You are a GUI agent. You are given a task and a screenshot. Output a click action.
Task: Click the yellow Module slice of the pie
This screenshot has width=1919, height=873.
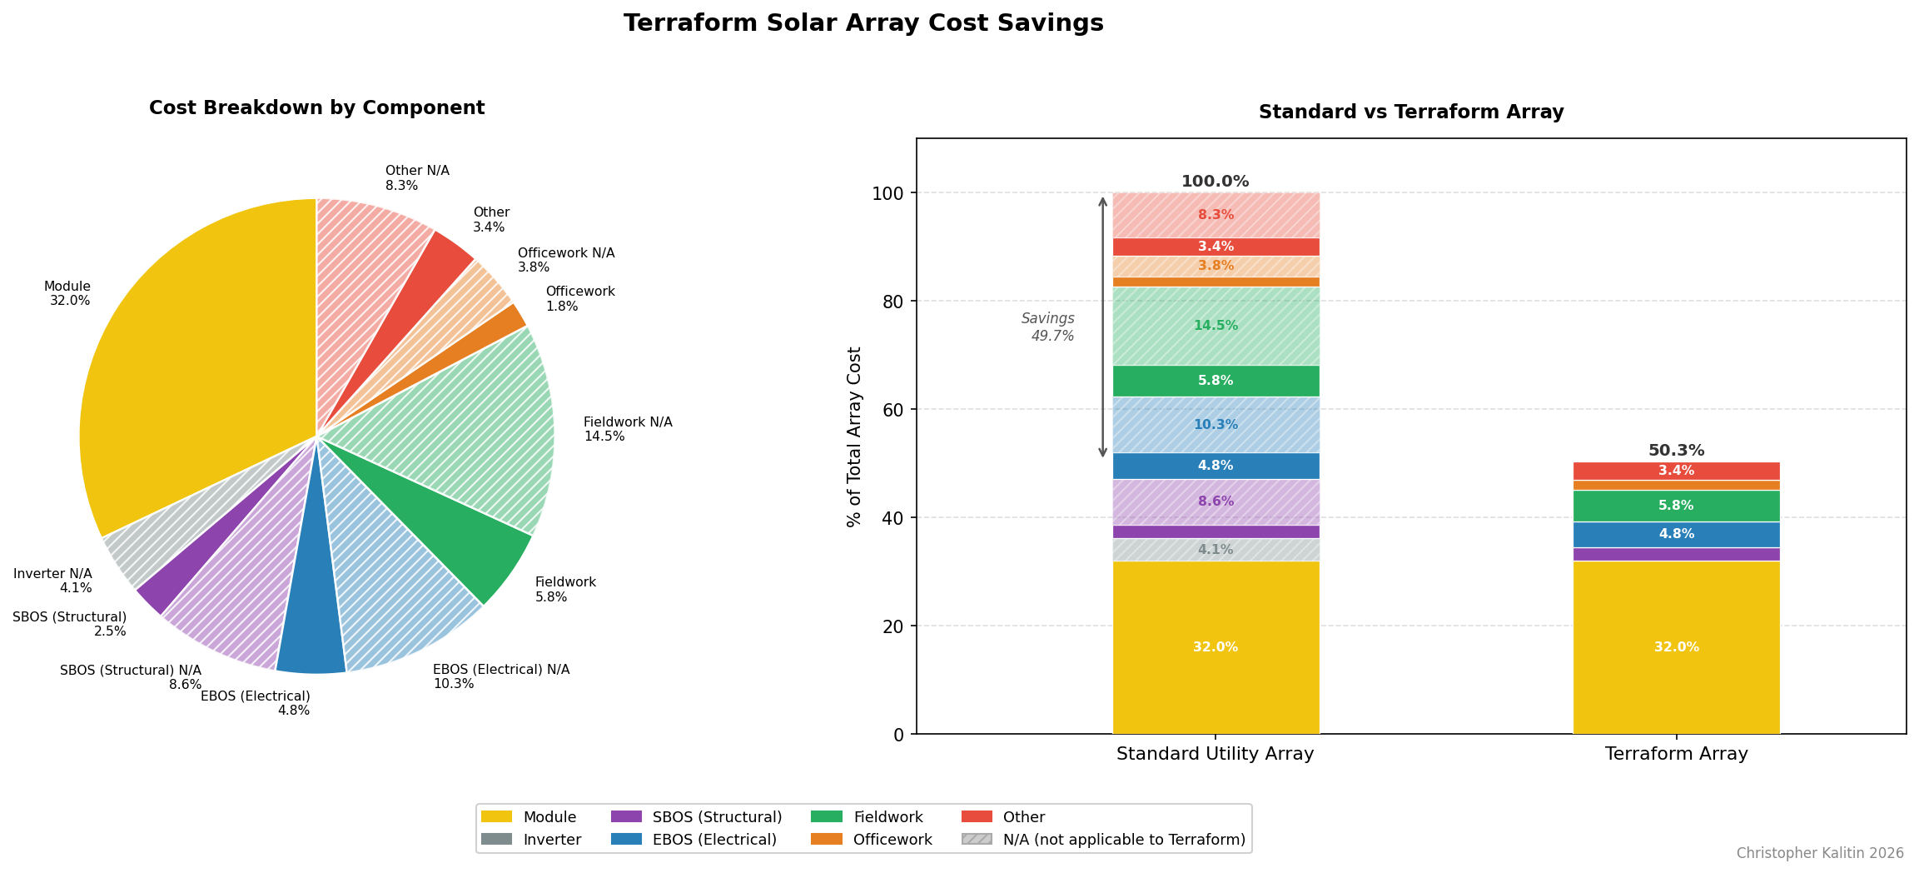coord(191,375)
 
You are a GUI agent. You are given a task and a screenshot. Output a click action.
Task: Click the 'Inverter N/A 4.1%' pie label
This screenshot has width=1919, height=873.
coord(53,581)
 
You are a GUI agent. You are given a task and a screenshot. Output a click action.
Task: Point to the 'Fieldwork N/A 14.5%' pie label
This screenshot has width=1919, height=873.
coord(627,429)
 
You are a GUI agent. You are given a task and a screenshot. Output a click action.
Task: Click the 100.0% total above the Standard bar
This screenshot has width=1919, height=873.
coord(1215,182)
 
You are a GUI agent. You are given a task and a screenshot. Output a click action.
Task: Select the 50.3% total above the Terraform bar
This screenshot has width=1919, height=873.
coord(1676,451)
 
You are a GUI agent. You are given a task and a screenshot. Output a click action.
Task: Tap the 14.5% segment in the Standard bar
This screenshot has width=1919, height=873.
coord(1216,326)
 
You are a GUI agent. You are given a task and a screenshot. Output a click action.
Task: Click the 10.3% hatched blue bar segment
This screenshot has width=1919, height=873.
coord(1216,425)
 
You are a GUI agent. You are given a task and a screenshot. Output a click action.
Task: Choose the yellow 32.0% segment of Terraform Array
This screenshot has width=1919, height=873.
coord(1676,647)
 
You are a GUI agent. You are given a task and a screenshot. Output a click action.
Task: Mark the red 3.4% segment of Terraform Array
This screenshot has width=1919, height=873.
coord(1676,471)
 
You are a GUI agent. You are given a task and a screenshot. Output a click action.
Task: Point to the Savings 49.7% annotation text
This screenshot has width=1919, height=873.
coord(1049,327)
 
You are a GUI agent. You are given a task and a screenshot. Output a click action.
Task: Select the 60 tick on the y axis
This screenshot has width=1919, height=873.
coord(893,409)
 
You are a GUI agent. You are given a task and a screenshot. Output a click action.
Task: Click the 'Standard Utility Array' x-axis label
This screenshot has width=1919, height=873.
coord(1215,754)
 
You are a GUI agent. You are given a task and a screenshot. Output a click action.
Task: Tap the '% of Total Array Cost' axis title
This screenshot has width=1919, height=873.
coord(854,436)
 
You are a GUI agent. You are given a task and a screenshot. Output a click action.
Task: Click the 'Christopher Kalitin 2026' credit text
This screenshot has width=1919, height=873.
coord(1820,853)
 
